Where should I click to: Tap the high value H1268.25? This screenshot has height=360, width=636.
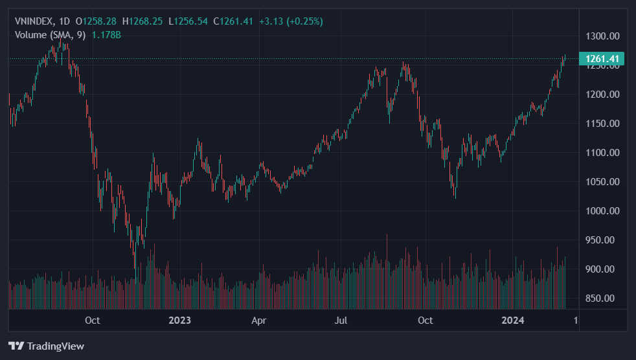tap(143, 21)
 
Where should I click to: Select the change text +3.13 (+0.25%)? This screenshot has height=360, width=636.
tap(291, 21)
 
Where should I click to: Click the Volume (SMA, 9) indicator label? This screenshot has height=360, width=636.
tap(50, 34)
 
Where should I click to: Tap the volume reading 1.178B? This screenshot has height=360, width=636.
tap(107, 34)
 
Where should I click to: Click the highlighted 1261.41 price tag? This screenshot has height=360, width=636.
tap(602, 59)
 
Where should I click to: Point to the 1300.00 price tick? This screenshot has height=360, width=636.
tap(602, 36)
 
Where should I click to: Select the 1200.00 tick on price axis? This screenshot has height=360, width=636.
tap(602, 95)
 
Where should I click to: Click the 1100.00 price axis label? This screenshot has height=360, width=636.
tap(602, 153)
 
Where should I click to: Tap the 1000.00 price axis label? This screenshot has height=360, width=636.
tap(602, 211)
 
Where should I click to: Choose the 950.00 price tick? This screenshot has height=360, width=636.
tap(602, 240)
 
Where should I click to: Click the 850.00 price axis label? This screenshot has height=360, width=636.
tap(602, 298)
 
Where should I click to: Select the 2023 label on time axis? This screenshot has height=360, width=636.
tap(179, 320)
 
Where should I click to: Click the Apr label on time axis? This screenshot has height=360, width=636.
tap(259, 320)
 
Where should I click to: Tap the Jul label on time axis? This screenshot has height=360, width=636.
tap(342, 320)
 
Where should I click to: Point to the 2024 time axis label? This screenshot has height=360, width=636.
tap(514, 320)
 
